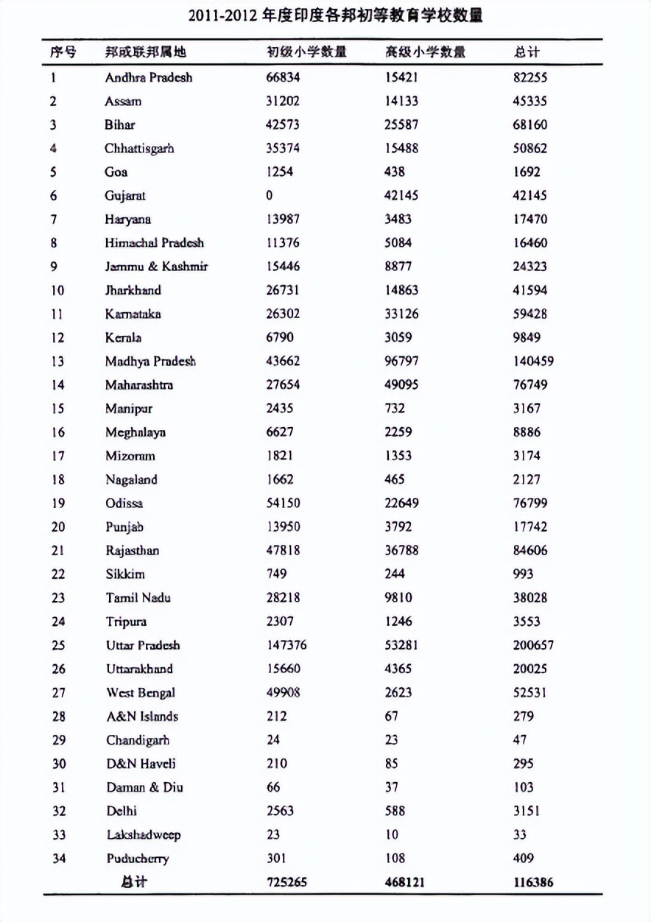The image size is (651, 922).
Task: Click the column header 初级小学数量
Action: coord(306,52)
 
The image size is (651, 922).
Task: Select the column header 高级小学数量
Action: coord(425,52)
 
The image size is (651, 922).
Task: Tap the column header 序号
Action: coord(63,52)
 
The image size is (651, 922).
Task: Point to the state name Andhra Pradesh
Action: coord(148,77)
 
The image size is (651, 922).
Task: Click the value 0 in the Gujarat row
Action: coord(270,196)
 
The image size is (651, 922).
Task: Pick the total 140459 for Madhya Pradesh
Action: coord(533,362)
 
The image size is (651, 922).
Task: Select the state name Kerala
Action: coord(123,338)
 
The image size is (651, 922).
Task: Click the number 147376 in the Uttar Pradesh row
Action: coord(286,645)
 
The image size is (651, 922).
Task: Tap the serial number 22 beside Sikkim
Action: coord(58,574)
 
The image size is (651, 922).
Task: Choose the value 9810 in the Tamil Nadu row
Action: coord(398,598)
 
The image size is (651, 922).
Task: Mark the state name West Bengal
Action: coord(141,693)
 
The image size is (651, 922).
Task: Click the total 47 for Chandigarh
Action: coord(520,740)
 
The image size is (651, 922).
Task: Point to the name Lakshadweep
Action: coord(143,835)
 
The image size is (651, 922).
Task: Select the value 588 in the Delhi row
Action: coord(395,811)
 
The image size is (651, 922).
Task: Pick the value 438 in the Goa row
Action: coord(395,172)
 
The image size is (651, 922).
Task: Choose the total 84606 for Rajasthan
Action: coord(530,551)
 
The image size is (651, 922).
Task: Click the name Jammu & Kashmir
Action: coord(155,267)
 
